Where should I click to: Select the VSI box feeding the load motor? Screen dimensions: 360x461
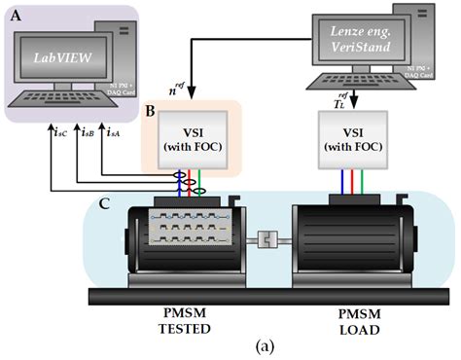(x=352, y=137)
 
